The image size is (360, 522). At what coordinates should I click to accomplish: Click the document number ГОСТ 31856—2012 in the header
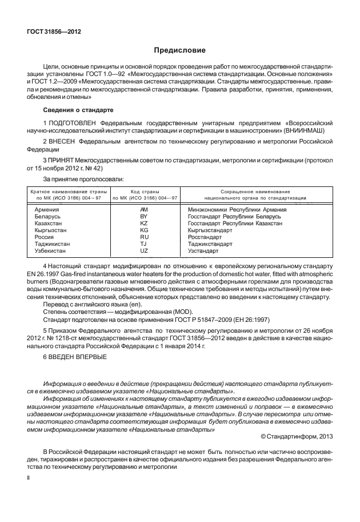54,31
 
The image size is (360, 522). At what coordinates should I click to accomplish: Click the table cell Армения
46,210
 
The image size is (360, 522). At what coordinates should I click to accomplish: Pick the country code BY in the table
144,217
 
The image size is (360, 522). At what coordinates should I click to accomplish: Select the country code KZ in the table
144,224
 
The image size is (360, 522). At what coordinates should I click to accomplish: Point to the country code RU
144,237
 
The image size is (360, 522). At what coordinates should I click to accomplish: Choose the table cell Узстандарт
203,251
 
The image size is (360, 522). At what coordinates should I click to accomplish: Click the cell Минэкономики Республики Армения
237,210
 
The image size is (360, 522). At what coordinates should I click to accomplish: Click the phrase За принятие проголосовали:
83,180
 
